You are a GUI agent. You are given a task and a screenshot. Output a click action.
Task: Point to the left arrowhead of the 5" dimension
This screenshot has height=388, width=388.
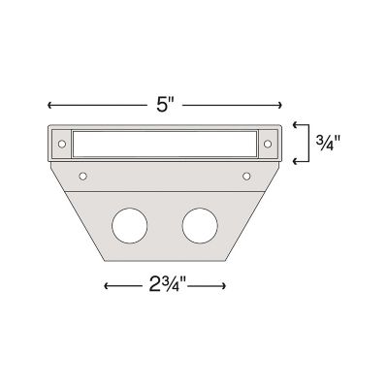pyautogui.click(x=48, y=102)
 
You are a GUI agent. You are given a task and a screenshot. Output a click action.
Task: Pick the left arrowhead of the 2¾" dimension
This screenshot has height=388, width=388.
pyautogui.click(x=105, y=285)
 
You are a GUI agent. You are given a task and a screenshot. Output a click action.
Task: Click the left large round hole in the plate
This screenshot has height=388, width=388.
pyautogui.click(x=128, y=225)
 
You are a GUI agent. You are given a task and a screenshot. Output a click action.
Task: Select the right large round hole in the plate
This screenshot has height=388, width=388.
pyautogui.click(x=199, y=225)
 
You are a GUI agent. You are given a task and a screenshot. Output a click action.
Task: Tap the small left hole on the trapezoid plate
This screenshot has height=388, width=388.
pyautogui.click(x=83, y=176)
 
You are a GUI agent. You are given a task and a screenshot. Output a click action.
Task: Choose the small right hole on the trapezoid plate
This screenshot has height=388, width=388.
pyautogui.click(x=245, y=176)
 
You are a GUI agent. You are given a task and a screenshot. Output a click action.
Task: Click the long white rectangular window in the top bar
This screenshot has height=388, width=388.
pyautogui.click(x=162, y=143)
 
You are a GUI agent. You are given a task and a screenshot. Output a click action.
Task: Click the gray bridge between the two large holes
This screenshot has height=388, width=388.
pyautogui.click(x=164, y=225)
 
